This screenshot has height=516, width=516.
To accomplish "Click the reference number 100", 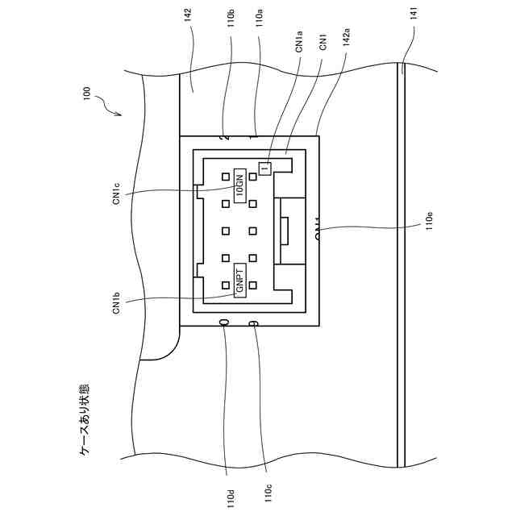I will [87, 96].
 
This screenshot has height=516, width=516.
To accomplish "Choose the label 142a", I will [345, 39].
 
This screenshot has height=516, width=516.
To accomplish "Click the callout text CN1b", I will [117, 303].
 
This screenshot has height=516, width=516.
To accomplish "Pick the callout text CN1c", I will [117, 194].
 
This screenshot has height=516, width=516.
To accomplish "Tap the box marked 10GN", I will [239, 185].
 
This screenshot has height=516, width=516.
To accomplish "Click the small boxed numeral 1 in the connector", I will [264, 168].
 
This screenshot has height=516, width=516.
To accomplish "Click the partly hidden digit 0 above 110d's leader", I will [224, 322].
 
